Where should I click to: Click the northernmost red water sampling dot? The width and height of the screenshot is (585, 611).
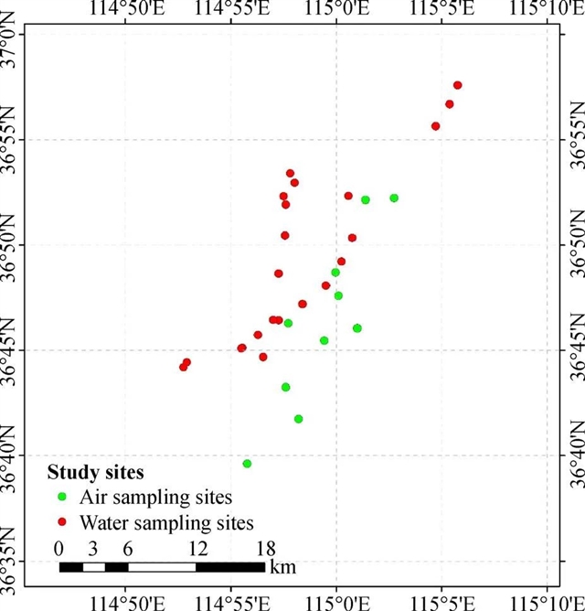tap(457, 85)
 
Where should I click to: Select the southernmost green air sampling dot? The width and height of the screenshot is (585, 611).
tap(247, 464)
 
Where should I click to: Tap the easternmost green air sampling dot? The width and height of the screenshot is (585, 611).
tap(394, 198)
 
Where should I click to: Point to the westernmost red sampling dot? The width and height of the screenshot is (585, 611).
tap(183, 367)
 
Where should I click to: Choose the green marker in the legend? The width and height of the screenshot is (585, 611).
tap(62, 498)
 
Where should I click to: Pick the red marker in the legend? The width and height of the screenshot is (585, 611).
tap(62, 523)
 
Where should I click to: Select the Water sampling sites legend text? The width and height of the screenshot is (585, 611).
tap(165, 523)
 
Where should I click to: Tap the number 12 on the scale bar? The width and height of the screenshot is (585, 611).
tap(196, 549)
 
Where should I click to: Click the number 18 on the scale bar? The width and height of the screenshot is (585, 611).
tap(265, 549)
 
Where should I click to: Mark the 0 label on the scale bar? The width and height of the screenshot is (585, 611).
tap(59, 549)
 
